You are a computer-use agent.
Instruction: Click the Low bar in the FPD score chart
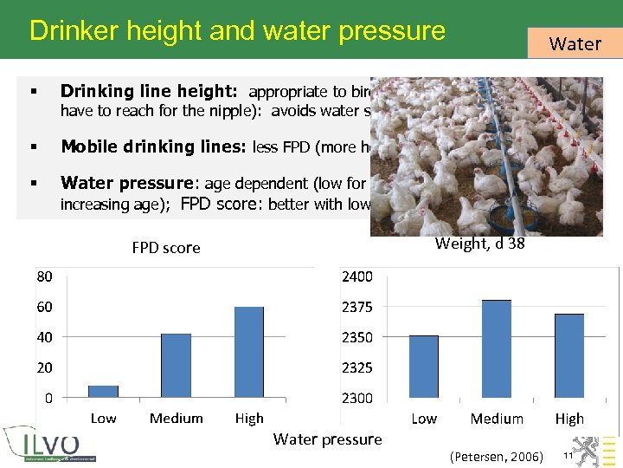coord(103,392)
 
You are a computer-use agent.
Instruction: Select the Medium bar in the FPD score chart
coord(176,366)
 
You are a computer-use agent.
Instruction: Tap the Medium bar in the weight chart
coord(497,349)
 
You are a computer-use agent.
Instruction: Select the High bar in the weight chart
coord(569,356)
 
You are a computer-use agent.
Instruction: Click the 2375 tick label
coord(357,308)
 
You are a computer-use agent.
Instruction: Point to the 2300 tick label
coord(357,399)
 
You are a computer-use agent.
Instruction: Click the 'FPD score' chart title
coord(166,248)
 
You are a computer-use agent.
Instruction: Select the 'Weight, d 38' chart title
coord(479,244)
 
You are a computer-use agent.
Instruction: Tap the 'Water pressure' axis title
coord(327,439)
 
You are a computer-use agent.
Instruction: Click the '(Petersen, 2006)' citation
coord(497,457)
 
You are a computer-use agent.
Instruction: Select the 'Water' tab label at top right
coord(575,43)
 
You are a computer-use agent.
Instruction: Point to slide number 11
coord(568,456)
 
